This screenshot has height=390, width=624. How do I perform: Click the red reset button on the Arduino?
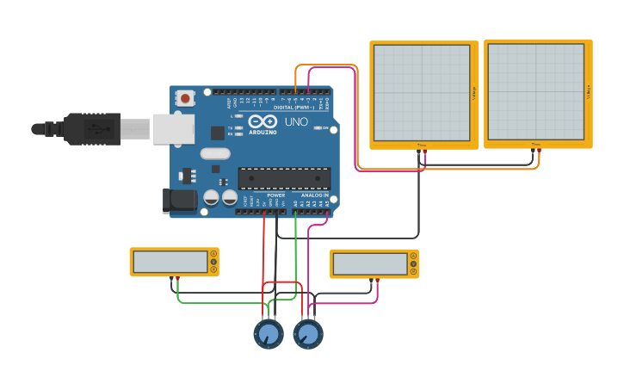pyautogui.click(x=185, y=98)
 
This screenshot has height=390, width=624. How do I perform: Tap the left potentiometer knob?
pyautogui.click(x=269, y=334)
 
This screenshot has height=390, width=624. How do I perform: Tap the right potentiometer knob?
pyautogui.click(x=308, y=334)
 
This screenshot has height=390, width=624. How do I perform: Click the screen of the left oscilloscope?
pyautogui.click(x=422, y=92)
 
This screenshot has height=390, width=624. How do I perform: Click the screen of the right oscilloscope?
pyautogui.click(x=535, y=92)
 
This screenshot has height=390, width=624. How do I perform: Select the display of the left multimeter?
pyautogui.click(x=170, y=262)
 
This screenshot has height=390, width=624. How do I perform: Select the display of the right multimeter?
pyautogui.click(x=370, y=263)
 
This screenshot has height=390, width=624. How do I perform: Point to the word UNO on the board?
pyautogui.click(x=296, y=122)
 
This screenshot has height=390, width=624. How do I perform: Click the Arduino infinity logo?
pyautogui.click(x=263, y=122)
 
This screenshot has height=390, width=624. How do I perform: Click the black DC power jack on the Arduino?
pyautogui.click(x=180, y=201)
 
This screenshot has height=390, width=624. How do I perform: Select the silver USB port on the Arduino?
pyautogui.click(x=172, y=129)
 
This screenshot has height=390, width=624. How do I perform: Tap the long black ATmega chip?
pyautogui.click(x=284, y=178)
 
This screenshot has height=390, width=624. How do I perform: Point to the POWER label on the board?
pyautogui.click(x=275, y=195)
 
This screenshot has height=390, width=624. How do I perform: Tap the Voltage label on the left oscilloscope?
pyautogui.click(x=473, y=93)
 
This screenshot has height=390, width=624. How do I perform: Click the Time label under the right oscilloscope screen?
pyautogui.click(x=535, y=144)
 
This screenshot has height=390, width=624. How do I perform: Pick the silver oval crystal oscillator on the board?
pyautogui.click(x=215, y=154)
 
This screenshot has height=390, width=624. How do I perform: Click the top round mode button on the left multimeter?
pyautogui.click(x=213, y=254)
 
